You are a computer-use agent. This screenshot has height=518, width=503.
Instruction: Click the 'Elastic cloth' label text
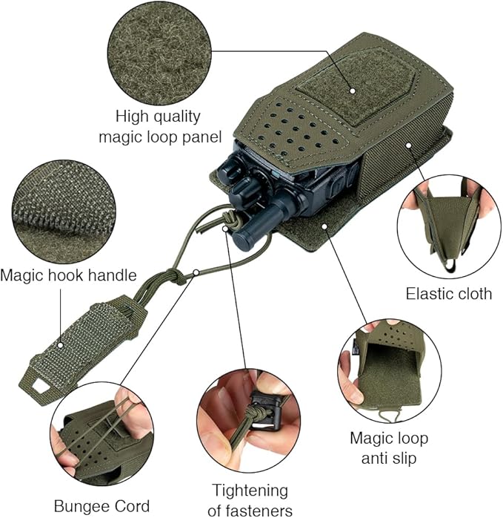point(449,293)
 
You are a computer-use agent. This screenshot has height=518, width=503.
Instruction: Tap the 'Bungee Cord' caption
point(101,506)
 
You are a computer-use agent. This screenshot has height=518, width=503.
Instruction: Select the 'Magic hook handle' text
point(68,275)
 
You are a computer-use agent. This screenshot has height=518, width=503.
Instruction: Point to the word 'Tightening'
point(250,491)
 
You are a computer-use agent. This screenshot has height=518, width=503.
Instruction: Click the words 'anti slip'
point(389,458)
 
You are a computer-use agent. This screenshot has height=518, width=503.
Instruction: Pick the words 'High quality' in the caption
point(158,117)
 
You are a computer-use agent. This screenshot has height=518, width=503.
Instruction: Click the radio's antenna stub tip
point(242,240)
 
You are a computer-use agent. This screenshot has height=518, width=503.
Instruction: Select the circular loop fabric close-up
point(159,53)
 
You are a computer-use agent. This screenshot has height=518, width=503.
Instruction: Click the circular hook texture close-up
point(64,212)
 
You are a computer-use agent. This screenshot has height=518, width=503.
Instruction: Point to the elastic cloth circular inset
point(449,226)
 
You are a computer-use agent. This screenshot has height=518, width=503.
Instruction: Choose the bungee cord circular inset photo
point(101,433)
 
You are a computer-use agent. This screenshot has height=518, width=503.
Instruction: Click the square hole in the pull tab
point(40,386)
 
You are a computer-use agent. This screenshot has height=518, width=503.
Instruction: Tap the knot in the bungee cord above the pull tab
point(176,276)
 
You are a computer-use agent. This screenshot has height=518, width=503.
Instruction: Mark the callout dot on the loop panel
point(353,91)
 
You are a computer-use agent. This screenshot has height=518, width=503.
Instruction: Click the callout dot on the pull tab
point(60,345)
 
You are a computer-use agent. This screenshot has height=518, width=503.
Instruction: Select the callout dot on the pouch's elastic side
point(409,145)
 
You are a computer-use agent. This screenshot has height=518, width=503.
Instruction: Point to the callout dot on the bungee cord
point(196,272)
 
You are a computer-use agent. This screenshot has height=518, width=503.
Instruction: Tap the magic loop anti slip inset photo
point(390,370)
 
